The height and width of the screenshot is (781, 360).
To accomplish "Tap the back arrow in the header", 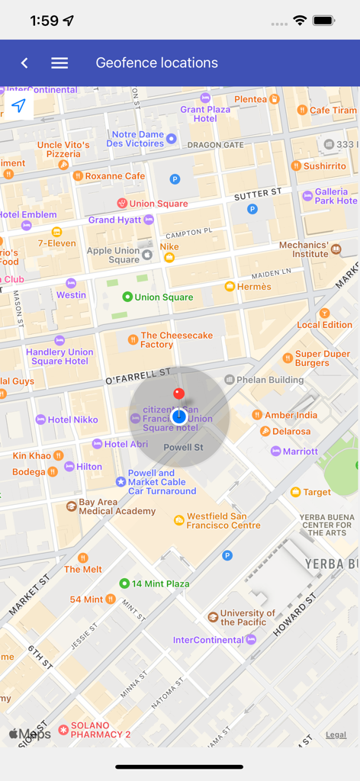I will [24, 63].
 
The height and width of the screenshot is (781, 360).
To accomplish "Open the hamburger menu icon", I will [59, 63].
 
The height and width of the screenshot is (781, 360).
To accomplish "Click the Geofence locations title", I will [156, 63].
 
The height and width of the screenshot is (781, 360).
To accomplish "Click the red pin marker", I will [178, 394].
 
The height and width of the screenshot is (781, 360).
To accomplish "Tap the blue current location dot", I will [179, 416].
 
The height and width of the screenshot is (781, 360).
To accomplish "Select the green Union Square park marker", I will [127, 297].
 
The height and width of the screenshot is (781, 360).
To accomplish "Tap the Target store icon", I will [295, 492].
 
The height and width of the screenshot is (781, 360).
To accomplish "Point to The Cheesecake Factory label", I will [176, 340].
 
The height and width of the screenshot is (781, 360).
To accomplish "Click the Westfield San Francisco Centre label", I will [223, 521].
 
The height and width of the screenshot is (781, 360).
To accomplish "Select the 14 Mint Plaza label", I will [160, 583].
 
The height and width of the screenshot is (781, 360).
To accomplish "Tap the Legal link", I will [336, 735].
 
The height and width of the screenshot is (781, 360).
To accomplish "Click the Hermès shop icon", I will [230, 287].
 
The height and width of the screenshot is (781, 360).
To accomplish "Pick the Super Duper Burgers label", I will [323, 358].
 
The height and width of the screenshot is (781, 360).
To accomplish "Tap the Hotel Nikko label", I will [72, 419].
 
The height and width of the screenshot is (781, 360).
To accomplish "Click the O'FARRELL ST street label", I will [137, 375].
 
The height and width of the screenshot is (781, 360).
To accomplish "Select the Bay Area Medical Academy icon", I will [71, 506].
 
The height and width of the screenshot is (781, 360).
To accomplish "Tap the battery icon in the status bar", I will [324, 21].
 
